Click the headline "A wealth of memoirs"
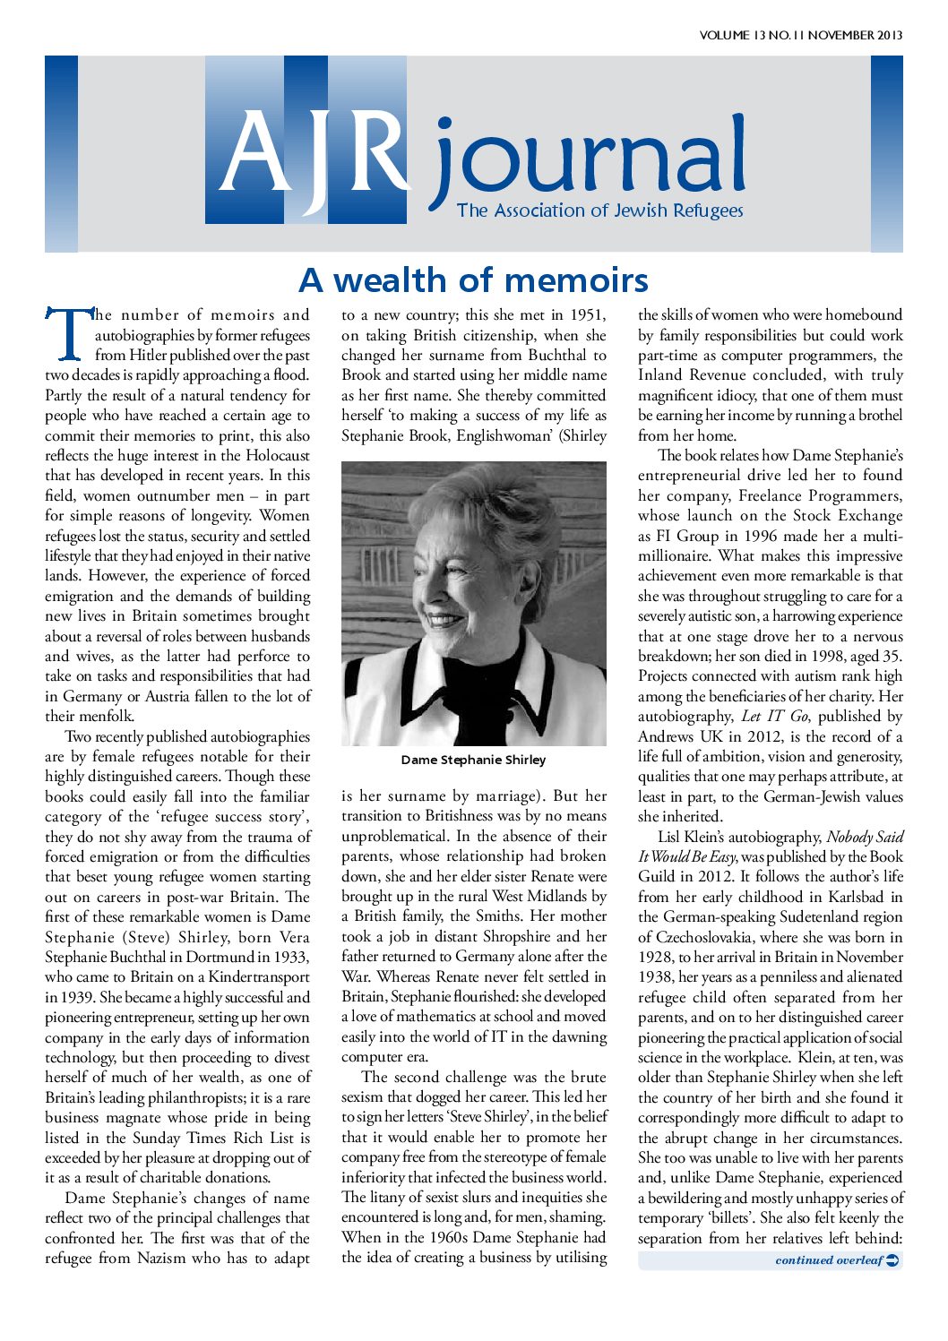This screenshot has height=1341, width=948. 473,280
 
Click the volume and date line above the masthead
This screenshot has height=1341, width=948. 800,36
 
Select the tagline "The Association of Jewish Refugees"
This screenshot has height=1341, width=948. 599,211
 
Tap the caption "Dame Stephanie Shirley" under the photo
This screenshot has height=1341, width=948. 473,760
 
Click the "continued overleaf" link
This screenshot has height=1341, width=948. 829,1260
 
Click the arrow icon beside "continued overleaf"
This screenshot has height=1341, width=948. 892,1260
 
